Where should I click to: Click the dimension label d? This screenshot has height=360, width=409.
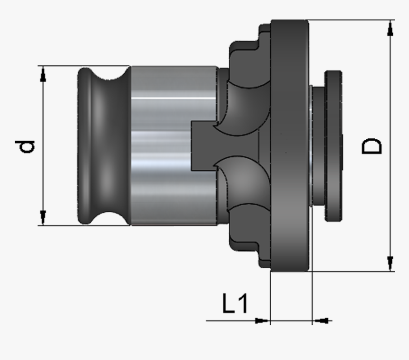click(x=28, y=146)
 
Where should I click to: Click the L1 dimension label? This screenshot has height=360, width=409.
click(x=235, y=304)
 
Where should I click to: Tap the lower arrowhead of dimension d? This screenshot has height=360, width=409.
click(x=43, y=218)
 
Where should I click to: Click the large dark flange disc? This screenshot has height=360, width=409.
click(x=289, y=143)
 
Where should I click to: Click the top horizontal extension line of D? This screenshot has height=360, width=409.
click(x=352, y=20)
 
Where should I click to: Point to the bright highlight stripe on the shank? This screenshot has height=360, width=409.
click(x=171, y=98)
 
